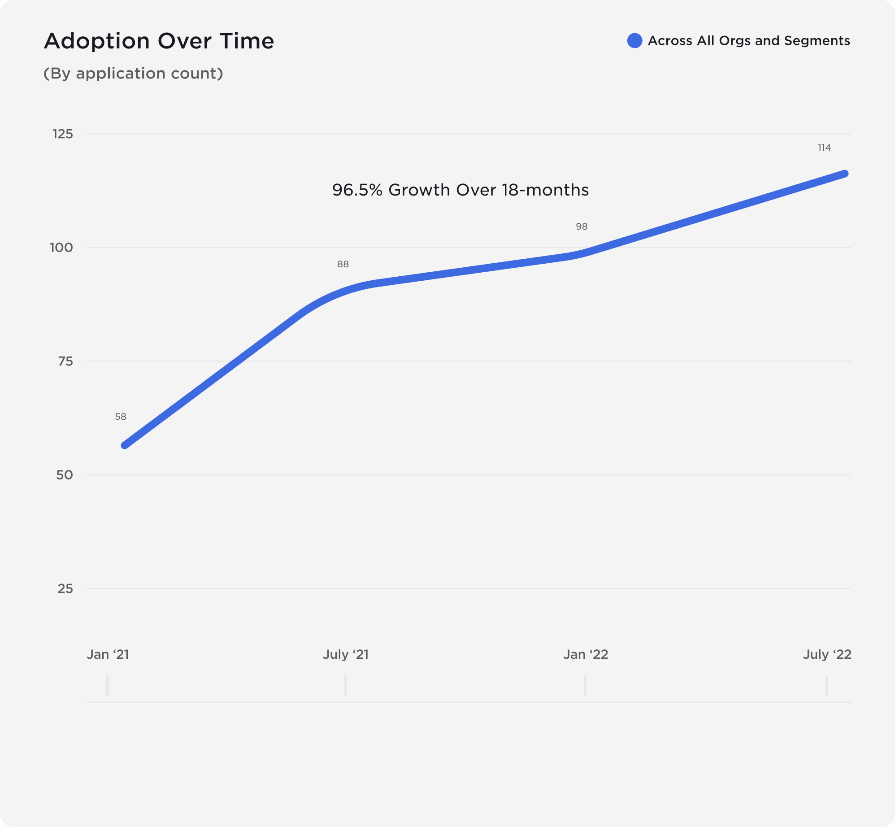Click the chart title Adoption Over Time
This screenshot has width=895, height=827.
[159, 41]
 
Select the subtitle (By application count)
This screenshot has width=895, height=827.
[133, 73]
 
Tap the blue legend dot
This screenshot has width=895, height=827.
[634, 40]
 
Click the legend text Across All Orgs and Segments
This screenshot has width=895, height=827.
[748, 40]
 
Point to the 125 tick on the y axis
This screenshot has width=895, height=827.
[62, 134]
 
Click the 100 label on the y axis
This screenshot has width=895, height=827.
[61, 247]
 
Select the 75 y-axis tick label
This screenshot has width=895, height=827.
[65, 361]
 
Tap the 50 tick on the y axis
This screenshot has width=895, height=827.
[64, 474]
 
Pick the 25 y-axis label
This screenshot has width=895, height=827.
[65, 588]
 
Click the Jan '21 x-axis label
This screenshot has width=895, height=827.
[108, 654]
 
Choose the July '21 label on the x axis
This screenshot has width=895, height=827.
[346, 654]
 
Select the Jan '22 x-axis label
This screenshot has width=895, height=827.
[586, 654]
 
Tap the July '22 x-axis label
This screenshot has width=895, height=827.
[827, 654]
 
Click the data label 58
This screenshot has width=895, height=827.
[121, 417]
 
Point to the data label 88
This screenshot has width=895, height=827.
[343, 264]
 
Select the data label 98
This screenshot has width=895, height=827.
[582, 226]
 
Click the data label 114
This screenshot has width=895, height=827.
[824, 148]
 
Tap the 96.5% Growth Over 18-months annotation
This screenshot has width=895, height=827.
[460, 190]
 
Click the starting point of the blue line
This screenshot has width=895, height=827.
[125, 445]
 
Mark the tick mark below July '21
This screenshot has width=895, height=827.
[345, 686]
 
